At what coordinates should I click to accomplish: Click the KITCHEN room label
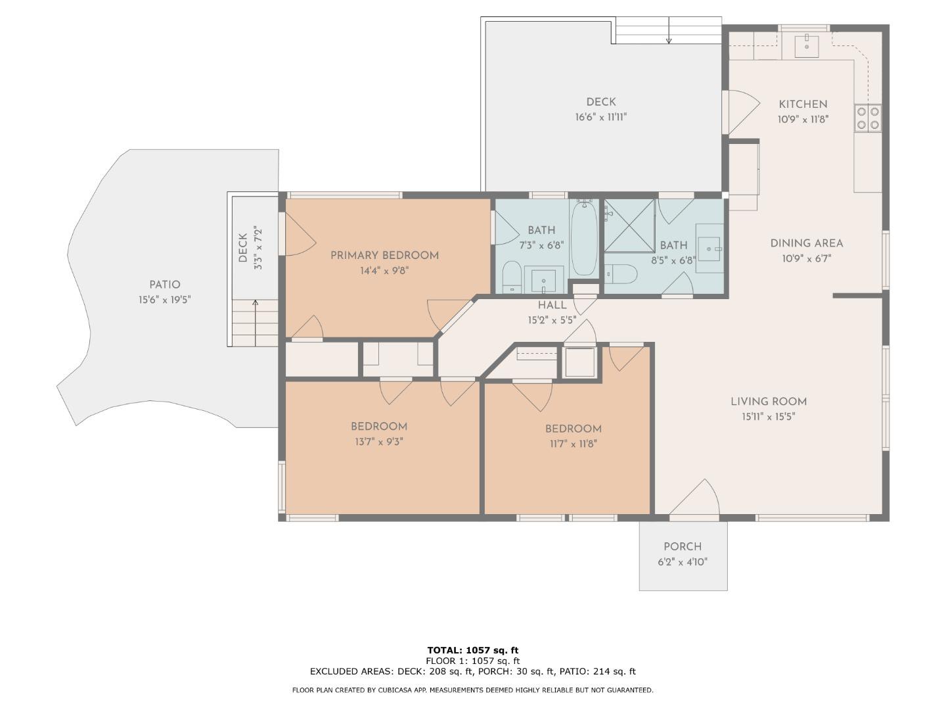tap(803, 105)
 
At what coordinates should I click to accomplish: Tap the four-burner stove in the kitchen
tap(868, 118)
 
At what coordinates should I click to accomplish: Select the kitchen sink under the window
tap(806, 45)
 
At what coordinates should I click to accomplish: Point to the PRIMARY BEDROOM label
tap(384, 256)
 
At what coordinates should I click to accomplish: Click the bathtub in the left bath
tap(584, 238)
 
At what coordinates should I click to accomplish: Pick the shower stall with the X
tap(629, 225)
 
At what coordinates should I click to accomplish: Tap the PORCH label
tap(683, 547)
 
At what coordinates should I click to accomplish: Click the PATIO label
tap(165, 285)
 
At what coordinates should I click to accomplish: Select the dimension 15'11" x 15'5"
tap(769, 416)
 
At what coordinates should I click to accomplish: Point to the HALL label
tap(552, 305)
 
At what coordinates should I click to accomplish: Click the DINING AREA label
tap(806, 243)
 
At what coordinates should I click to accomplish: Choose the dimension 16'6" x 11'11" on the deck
tap(601, 117)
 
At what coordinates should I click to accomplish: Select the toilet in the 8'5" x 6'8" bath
tap(621, 273)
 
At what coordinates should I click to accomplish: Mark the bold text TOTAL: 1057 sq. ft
tap(473, 650)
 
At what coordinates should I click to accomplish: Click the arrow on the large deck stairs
tap(669, 30)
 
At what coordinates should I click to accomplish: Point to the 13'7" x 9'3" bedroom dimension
tap(379, 442)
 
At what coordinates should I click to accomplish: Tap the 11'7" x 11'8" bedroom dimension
tap(573, 444)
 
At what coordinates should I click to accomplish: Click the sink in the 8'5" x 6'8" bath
tap(709, 248)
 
